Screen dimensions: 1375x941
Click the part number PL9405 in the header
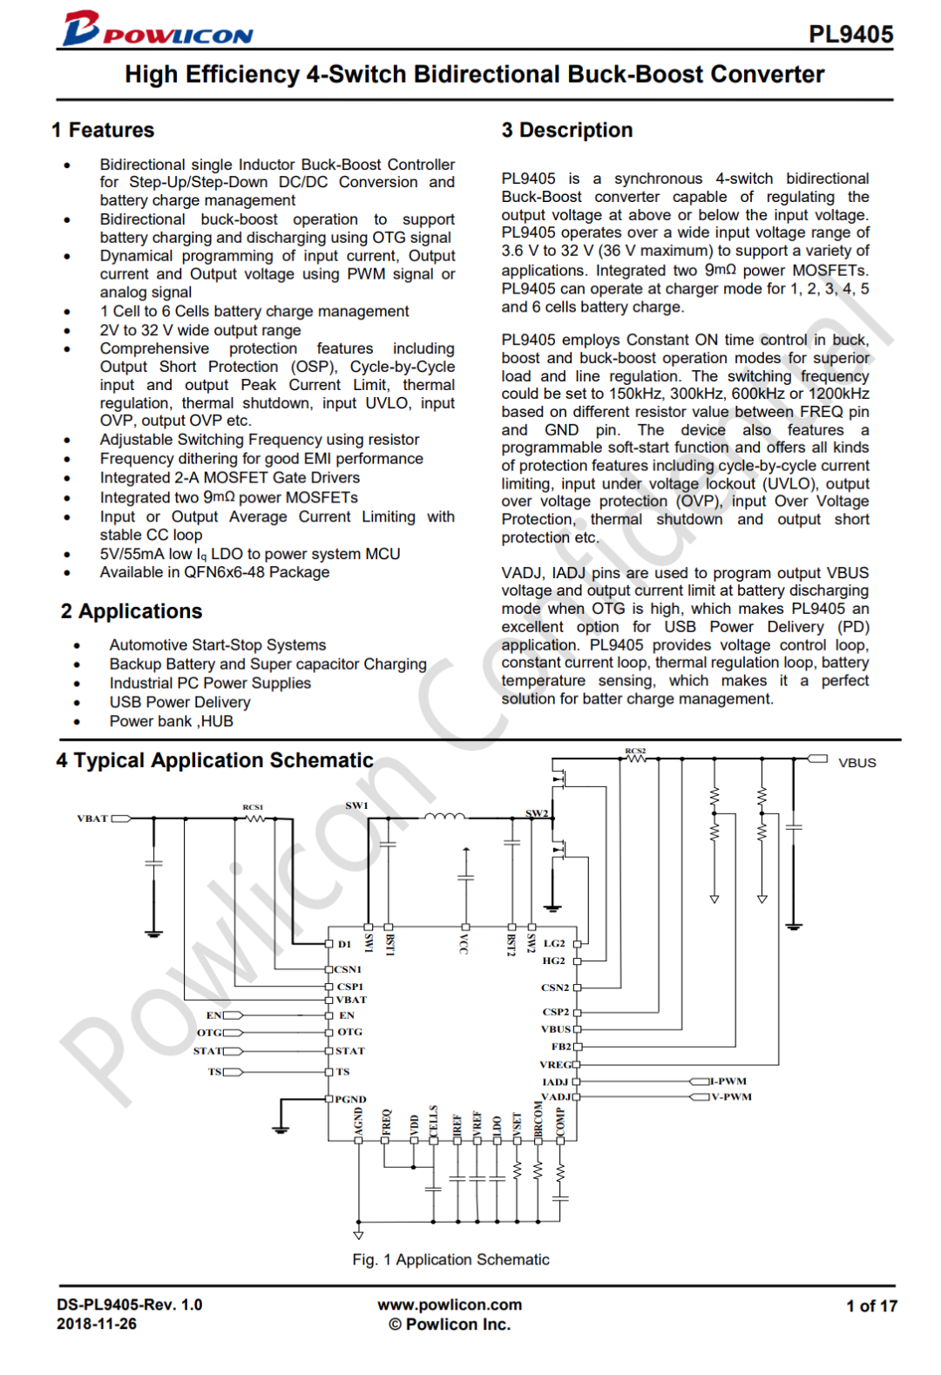click(850, 34)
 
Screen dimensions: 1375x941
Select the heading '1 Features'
click(103, 130)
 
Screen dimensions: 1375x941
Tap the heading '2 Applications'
click(132, 611)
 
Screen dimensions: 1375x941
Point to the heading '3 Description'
click(567, 130)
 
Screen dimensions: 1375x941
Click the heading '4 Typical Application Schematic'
click(214, 760)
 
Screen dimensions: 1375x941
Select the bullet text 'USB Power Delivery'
click(179, 702)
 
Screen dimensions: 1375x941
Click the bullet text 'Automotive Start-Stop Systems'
click(218, 645)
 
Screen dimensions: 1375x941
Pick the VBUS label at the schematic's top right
click(857, 763)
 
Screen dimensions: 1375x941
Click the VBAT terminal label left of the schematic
click(92, 819)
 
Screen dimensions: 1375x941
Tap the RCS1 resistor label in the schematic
click(253, 807)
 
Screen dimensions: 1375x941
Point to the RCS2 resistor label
click(635, 750)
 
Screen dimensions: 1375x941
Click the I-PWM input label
click(728, 1082)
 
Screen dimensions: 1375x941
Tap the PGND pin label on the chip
click(350, 1099)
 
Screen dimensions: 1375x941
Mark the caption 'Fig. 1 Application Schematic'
click(450, 1259)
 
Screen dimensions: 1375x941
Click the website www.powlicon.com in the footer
click(450, 1304)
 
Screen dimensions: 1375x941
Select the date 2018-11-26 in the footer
click(97, 1324)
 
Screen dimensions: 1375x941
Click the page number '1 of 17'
click(871, 1305)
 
